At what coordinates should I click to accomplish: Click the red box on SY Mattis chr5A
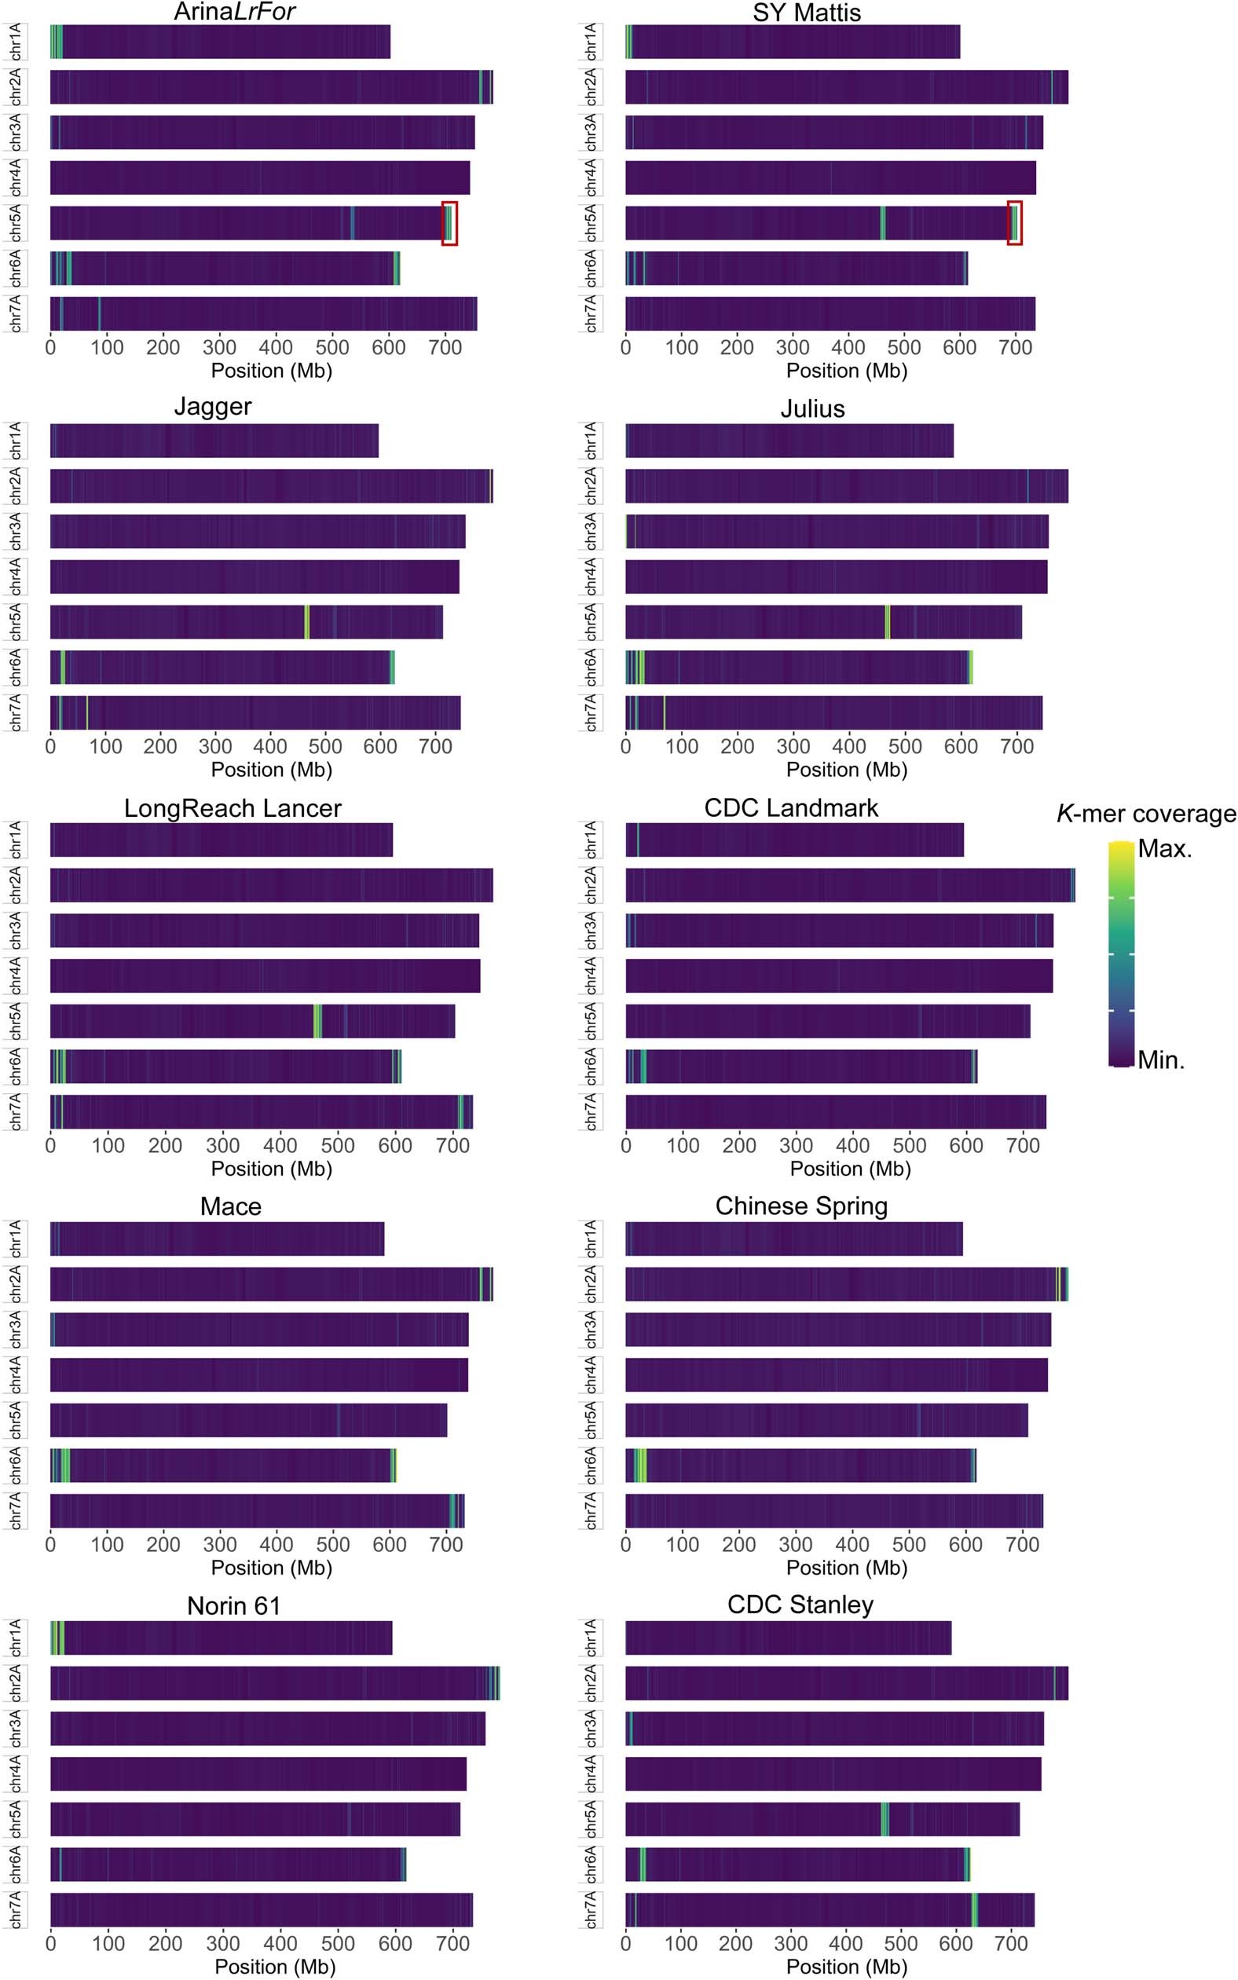[x=1014, y=222]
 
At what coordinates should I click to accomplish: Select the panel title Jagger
[x=213, y=407]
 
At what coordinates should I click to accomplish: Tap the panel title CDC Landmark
[x=791, y=808]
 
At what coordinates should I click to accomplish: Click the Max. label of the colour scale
[x=1164, y=849]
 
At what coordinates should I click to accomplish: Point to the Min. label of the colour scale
[x=1161, y=1060]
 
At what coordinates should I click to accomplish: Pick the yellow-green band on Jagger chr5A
[x=307, y=622]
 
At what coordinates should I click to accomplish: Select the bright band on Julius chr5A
[x=888, y=622]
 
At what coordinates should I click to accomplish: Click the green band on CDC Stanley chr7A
[x=974, y=1909]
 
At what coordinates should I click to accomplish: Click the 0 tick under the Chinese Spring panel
[x=625, y=1545]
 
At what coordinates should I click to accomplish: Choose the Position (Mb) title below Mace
[x=271, y=1568]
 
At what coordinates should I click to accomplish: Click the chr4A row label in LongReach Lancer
[x=16, y=975]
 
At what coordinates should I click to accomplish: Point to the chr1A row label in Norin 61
[x=16, y=1638]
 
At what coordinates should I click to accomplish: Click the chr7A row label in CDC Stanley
[x=592, y=1909]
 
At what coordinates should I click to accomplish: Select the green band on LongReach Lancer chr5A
[x=317, y=1021]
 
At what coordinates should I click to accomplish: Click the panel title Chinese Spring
[x=800, y=1206]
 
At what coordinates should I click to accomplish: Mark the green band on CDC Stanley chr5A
[x=885, y=1819]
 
